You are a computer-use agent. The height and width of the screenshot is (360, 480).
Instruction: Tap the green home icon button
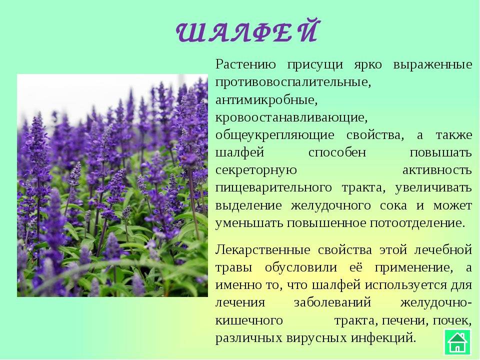coord(457,341)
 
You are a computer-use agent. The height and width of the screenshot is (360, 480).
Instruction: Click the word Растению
coord(245,65)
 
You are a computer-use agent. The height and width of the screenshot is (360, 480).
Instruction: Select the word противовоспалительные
coord(293,82)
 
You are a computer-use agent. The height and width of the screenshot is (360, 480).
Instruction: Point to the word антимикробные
coord(266,100)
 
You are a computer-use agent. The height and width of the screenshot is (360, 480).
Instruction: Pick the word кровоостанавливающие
coord(291,118)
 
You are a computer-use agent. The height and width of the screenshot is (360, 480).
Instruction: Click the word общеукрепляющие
coord(274,135)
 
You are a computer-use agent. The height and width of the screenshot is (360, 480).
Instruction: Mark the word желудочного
coord(330,206)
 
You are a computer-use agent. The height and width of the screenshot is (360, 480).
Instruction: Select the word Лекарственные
coord(262,250)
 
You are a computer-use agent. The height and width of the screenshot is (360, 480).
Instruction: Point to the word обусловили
coord(301,268)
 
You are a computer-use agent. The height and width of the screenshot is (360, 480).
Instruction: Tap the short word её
coord(355,267)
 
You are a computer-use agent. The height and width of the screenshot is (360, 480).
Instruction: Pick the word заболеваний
coord(332,303)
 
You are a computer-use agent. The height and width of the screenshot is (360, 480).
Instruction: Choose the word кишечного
coord(249,321)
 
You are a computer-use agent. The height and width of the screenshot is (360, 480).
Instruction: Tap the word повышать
coord(440,153)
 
